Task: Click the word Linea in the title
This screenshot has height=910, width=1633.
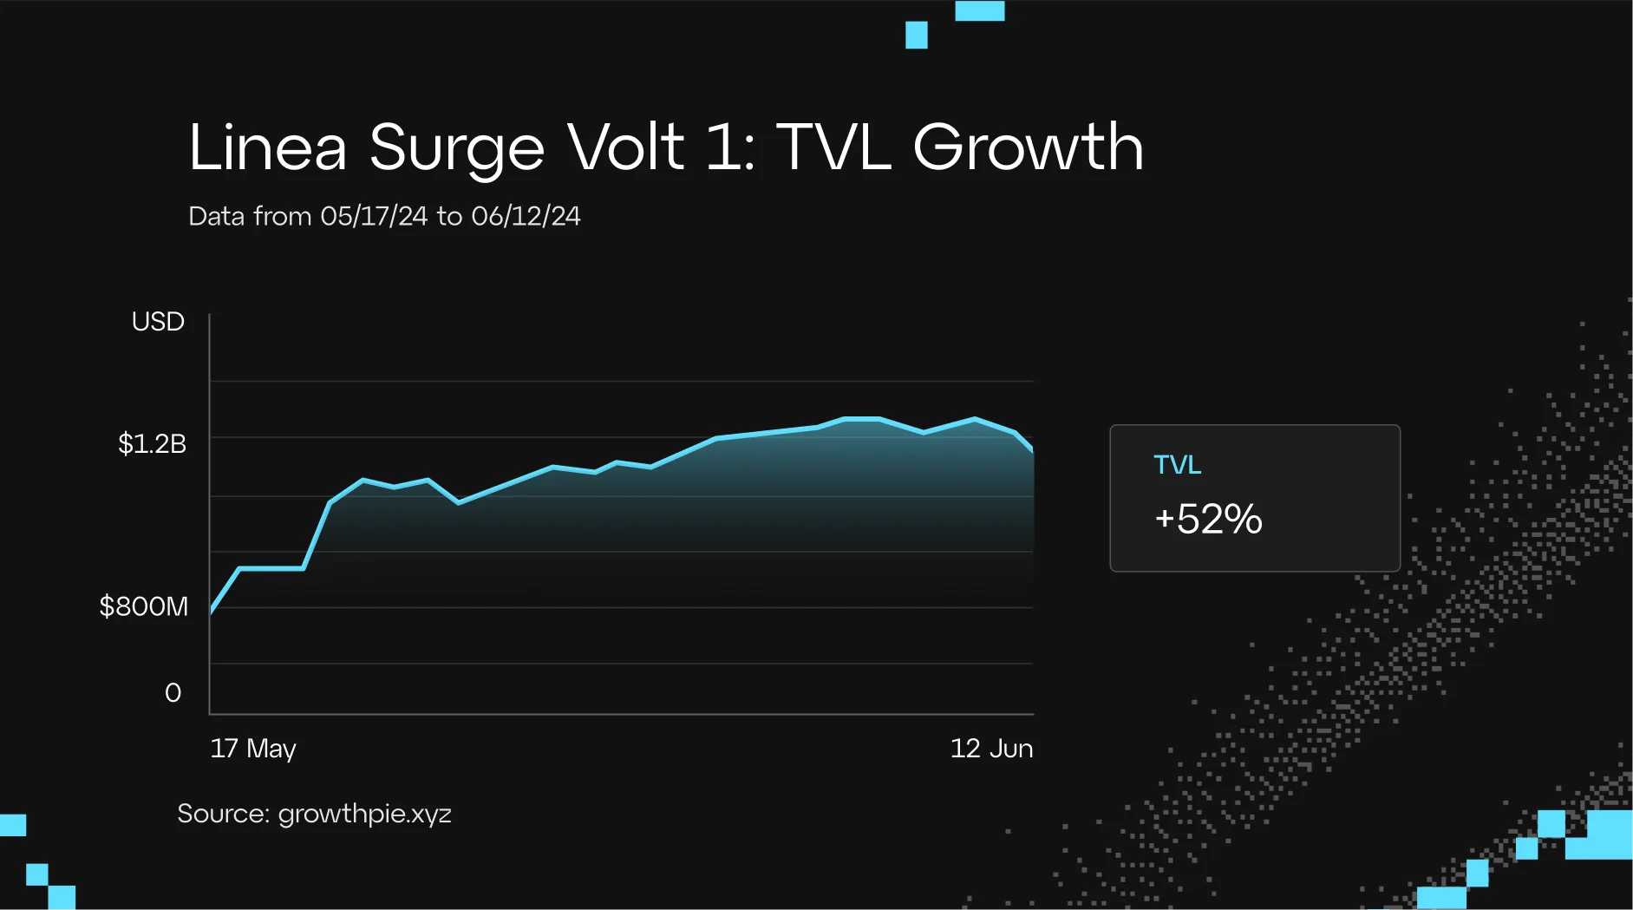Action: [267, 147]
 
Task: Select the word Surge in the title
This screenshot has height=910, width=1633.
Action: [456, 147]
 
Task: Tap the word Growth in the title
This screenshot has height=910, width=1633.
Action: [1028, 147]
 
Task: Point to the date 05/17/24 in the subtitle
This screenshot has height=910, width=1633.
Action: [374, 216]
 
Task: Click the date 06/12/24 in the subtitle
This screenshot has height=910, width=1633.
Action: [526, 216]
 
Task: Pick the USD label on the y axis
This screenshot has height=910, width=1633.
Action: [158, 322]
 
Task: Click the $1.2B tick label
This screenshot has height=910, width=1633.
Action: [152, 444]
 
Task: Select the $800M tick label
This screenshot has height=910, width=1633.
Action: [143, 606]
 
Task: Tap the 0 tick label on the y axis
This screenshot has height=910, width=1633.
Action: [173, 692]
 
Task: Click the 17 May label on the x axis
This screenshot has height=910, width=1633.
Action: [253, 748]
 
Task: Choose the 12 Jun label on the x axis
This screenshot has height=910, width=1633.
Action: [991, 748]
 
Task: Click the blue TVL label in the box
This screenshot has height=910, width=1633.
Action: [1177, 465]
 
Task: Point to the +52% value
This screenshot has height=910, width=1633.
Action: [1208, 519]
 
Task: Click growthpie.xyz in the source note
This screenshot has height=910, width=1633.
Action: [364, 814]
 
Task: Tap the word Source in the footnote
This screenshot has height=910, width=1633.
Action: [223, 814]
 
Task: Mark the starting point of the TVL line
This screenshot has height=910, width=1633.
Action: [212, 611]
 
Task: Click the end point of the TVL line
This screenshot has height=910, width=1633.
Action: [1032, 450]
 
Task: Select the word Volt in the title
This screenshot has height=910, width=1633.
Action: [625, 147]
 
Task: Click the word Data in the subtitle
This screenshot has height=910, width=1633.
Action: [217, 216]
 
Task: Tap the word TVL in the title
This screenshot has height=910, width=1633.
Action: [833, 147]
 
